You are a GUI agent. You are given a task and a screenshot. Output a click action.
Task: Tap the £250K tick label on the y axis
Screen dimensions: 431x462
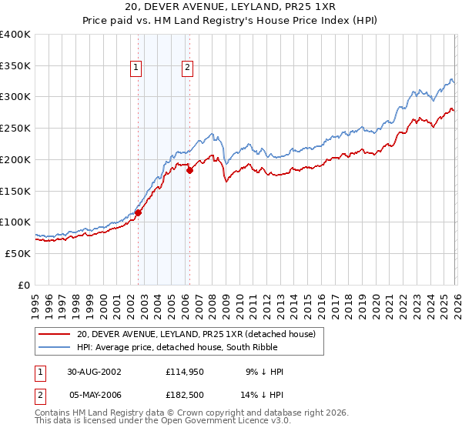point(15,128)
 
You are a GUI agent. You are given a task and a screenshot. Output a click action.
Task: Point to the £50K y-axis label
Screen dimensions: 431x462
point(18,253)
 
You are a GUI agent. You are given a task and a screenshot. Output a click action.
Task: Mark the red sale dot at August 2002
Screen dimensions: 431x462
point(139,212)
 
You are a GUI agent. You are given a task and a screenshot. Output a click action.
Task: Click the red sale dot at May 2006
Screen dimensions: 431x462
point(189,170)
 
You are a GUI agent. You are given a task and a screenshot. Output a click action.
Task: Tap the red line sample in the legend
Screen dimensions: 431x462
point(54,334)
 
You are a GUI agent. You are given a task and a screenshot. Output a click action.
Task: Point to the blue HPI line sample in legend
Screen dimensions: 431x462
point(54,348)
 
